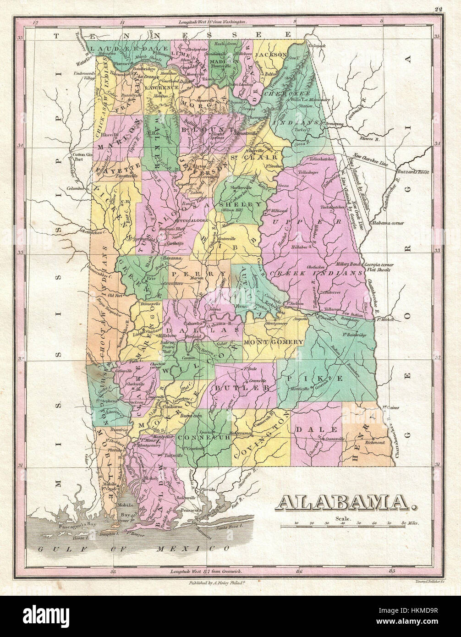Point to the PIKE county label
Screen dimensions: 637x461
coord(327,379)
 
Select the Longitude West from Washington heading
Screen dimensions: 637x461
coord(209,22)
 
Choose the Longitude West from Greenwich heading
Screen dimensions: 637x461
coord(206,572)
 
